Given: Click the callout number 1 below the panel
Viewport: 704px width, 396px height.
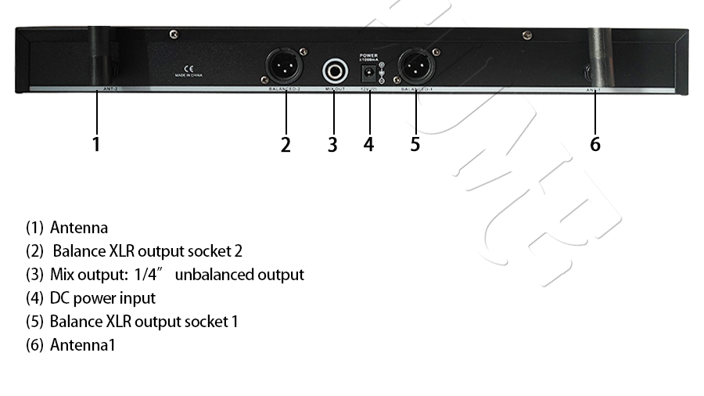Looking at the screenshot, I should pos(96,144).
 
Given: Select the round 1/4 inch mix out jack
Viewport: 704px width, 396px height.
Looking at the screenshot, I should pos(335,71).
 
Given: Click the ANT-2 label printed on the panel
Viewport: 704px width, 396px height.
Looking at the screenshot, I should pos(109,91).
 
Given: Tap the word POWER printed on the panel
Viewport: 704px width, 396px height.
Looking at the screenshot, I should pos(367,55).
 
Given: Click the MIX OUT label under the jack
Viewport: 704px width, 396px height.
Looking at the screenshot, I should pos(335,90).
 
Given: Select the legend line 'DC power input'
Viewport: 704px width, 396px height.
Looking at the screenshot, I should pos(102,297).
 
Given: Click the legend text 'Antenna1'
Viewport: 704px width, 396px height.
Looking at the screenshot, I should pos(82,344).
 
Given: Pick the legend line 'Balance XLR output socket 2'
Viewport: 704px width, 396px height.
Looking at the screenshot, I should pos(148,251).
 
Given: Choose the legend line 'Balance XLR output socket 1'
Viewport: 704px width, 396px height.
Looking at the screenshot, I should pos(144,321).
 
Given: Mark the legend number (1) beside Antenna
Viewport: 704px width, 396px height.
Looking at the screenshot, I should pos(34,228).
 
